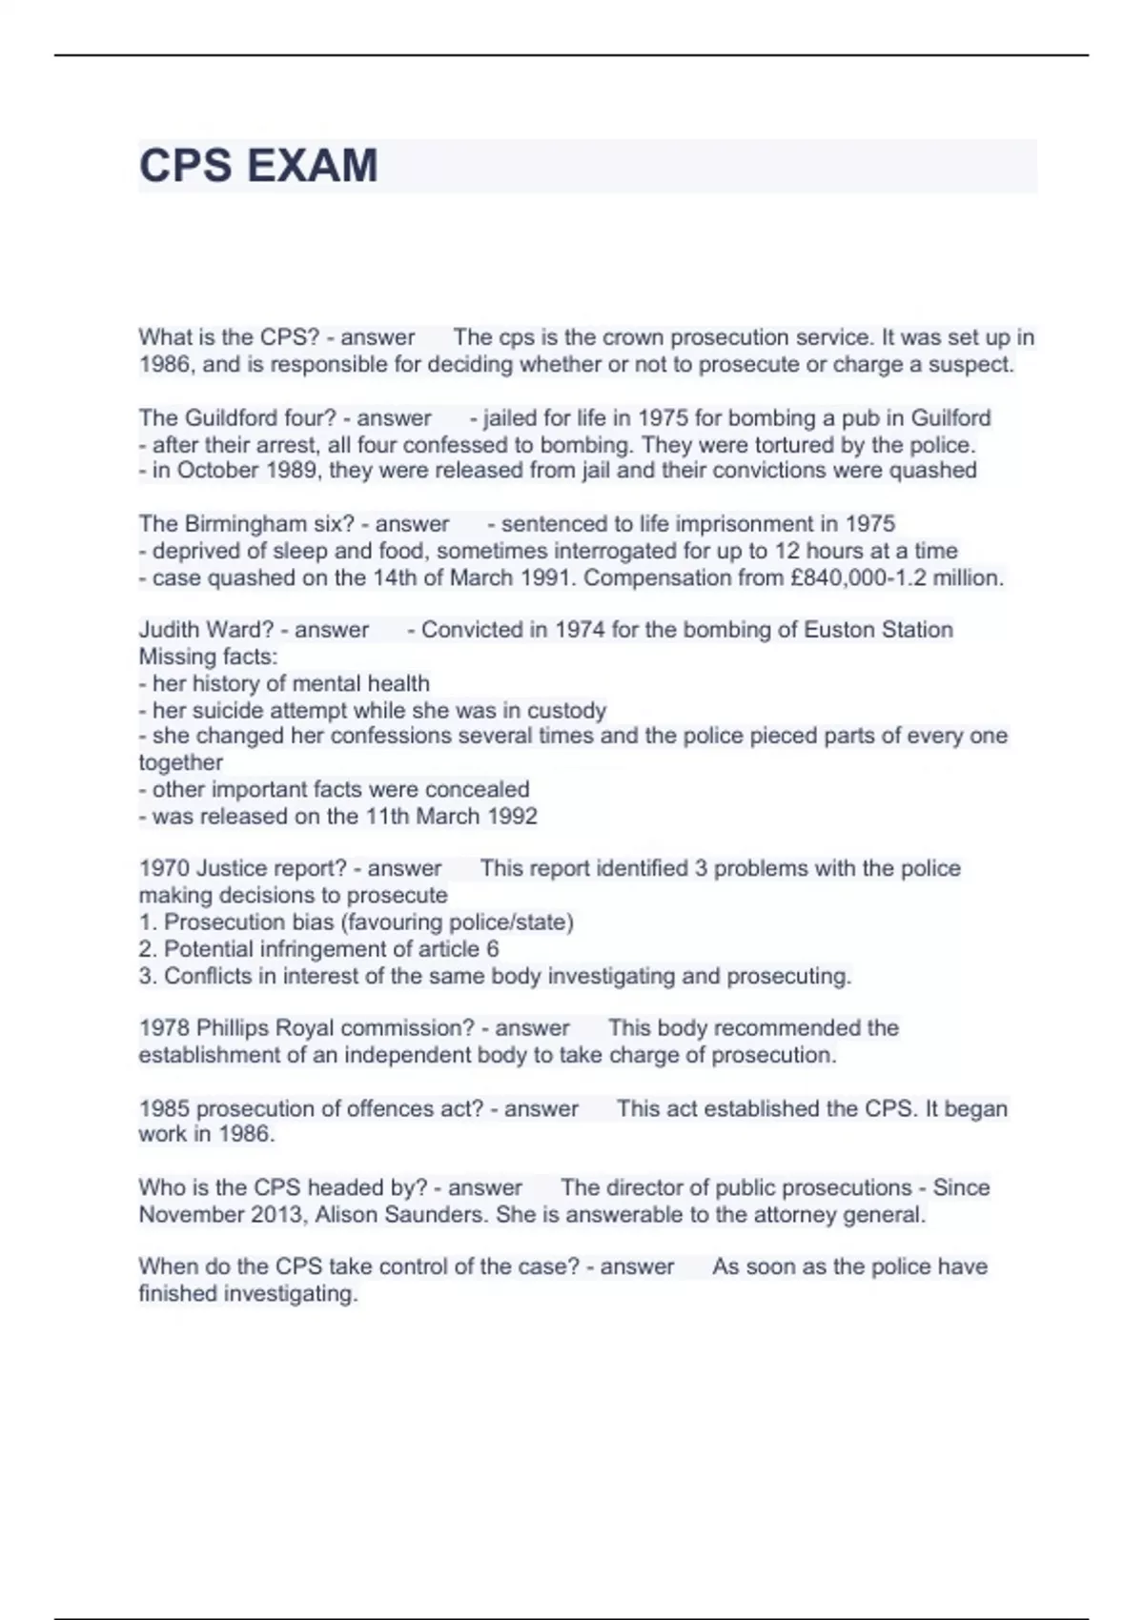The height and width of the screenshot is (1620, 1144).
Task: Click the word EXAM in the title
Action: [312, 166]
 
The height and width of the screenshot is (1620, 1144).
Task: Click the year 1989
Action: [289, 471]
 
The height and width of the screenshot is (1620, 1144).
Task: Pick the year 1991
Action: [545, 578]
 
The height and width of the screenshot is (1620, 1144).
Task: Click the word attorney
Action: [797, 1215]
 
